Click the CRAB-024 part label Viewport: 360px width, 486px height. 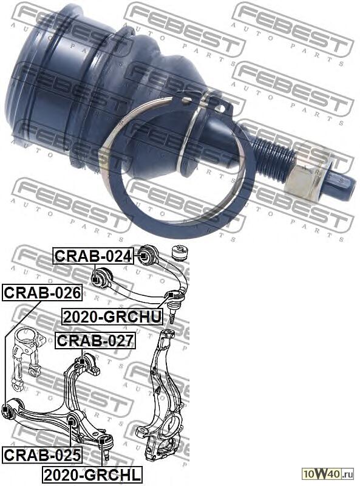pos(93,256)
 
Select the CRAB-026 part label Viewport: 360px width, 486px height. pos(42,292)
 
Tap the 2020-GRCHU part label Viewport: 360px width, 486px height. pos(112,317)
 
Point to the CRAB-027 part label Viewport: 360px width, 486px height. pos(95,341)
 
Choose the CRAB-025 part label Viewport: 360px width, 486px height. pos(42,455)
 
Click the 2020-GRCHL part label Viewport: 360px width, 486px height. pos(92,474)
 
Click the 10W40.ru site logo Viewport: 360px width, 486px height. pos(328,474)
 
